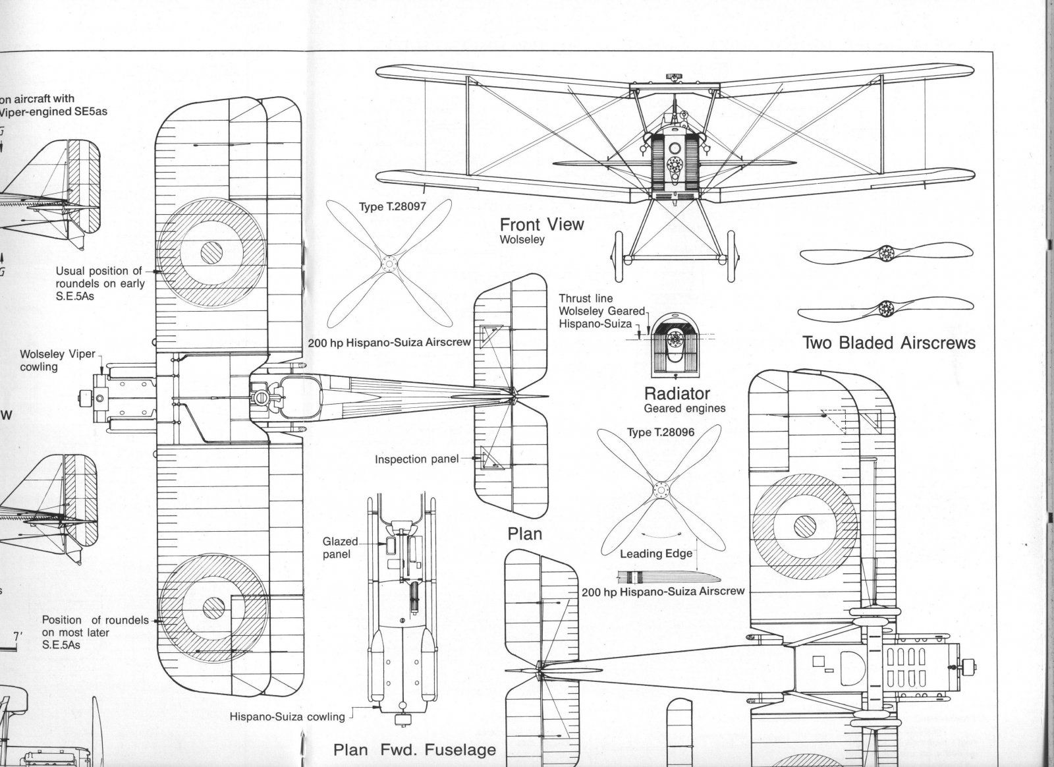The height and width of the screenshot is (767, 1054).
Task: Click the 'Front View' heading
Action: coord(541,224)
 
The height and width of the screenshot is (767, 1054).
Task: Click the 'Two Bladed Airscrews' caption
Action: coord(889,343)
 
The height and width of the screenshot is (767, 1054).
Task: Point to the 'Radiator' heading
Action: coord(677,393)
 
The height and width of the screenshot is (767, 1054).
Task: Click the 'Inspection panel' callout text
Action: coord(416,459)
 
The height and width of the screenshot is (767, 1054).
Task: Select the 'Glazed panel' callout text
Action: coord(340,548)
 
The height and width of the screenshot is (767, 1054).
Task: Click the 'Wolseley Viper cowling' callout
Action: coord(57,360)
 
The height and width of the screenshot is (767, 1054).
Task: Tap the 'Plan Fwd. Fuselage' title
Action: coord(414,749)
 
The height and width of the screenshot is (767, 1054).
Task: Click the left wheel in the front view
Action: coord(617,258)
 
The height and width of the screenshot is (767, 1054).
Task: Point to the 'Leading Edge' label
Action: coord(655,554)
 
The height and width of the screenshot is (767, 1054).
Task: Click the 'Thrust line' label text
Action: coord(586,298)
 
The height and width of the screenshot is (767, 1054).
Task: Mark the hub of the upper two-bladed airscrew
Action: coord(887,252)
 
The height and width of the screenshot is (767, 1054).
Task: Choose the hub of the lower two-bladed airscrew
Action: coord(887,307)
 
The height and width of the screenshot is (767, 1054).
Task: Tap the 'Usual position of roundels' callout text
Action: coord(99,283)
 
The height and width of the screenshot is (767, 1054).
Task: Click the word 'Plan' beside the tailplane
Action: coord(524,532)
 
